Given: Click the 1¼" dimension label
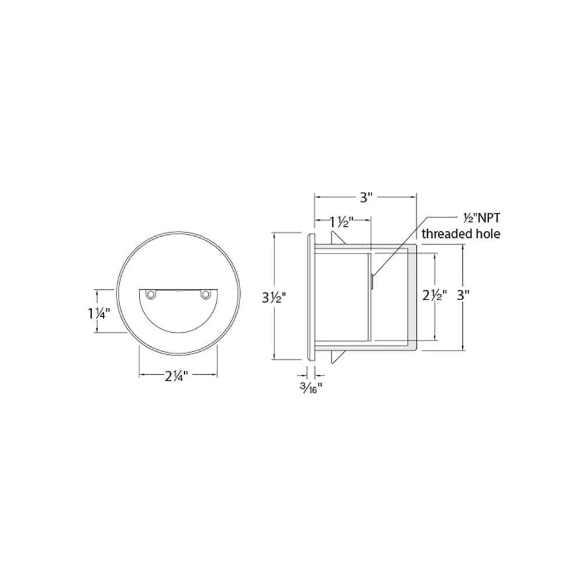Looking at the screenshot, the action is pos(99,314).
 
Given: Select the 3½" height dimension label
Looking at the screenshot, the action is pos(275,297).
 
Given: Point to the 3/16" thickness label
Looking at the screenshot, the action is pos(311,389).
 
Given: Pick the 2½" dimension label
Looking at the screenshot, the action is pos(434,296).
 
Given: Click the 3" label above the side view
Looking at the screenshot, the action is pos(366,197).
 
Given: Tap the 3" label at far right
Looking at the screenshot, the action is pos(463,296).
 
